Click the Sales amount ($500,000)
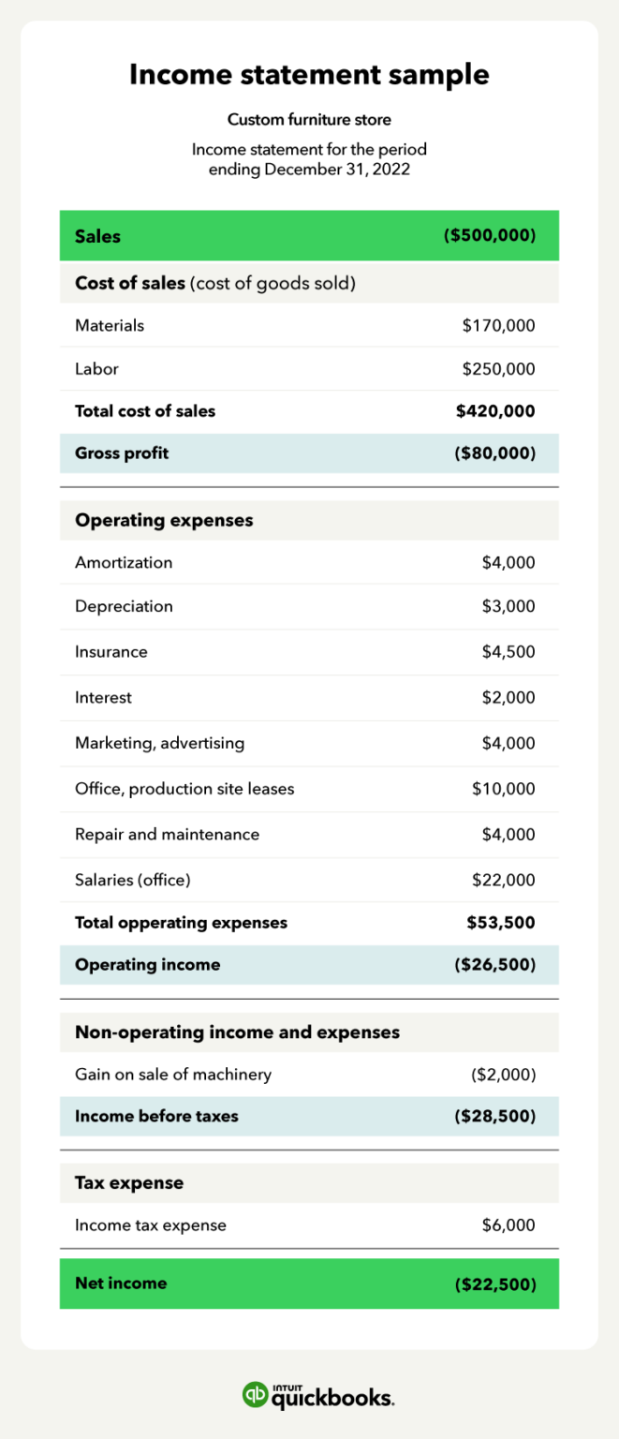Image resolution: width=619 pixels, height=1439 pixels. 489,236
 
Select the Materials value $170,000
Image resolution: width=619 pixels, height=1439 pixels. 498,325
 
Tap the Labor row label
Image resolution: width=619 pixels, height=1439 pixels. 96,369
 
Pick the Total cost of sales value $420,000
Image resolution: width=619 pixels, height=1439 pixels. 495,411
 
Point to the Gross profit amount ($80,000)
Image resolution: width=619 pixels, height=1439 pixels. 494,453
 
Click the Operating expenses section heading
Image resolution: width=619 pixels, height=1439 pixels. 164,520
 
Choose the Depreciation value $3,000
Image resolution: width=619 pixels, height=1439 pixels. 508,606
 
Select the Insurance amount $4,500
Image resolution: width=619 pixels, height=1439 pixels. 508,652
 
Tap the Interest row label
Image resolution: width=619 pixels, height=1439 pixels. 103,698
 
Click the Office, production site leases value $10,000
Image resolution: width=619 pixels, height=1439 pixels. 503,789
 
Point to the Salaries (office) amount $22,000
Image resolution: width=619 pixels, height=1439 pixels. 503,880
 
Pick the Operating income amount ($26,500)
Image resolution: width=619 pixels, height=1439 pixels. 494,965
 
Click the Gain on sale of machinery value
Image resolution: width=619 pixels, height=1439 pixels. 503,1075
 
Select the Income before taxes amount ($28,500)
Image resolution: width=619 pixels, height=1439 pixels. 494,1117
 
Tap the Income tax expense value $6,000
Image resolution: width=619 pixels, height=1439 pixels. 508,1225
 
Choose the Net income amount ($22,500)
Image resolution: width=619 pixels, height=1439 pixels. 494,1283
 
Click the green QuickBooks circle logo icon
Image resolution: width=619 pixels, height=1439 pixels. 255,1394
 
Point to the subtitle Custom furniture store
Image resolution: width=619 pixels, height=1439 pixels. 309,120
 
